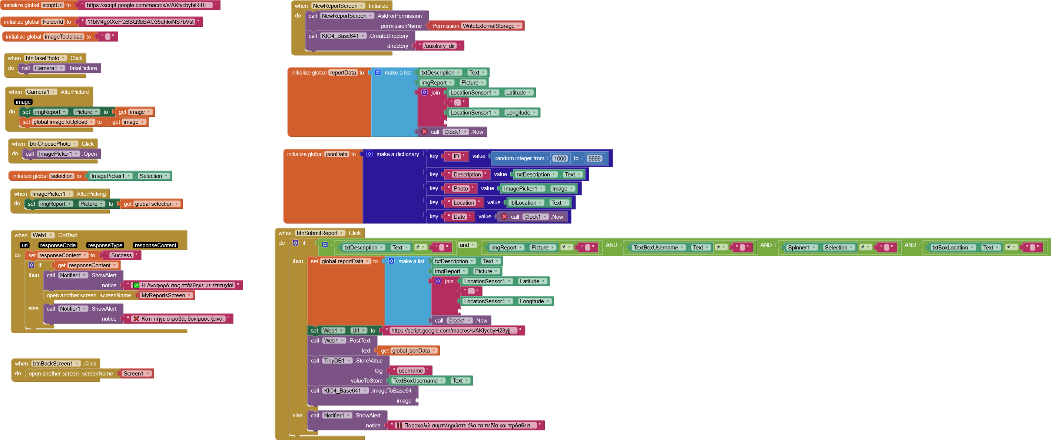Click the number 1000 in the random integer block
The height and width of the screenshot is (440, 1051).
coord(560,158)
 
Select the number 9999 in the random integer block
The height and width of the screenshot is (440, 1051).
coord(594,158)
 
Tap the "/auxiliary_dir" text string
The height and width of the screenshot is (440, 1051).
coord(440,46)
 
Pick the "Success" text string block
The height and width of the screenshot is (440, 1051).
coord(122,255)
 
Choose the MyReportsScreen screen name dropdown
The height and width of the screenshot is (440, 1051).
coord(166,295)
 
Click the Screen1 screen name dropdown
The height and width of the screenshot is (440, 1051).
coord(137,374)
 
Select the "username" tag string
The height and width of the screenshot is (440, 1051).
coord(411,371)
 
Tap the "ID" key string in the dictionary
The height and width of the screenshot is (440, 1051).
coord(456,156)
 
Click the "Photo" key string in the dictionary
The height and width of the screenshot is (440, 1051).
coord(461,189)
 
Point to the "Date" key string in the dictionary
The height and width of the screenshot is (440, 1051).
coord(459,217)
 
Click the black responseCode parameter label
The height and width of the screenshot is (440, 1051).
coord(57,245)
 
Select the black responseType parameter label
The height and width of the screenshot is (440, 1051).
coord(105,245)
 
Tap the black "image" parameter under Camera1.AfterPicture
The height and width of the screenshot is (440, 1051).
coord(23,102)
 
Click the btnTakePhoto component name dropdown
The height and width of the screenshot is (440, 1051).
coord(45,58)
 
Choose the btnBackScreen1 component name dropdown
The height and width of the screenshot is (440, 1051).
coord(56,363)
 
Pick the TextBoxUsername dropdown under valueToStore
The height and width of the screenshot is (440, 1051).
coord(418,380)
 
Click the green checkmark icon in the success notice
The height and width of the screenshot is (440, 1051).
coord(136,285)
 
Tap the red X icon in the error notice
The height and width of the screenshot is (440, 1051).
coord(136,319)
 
